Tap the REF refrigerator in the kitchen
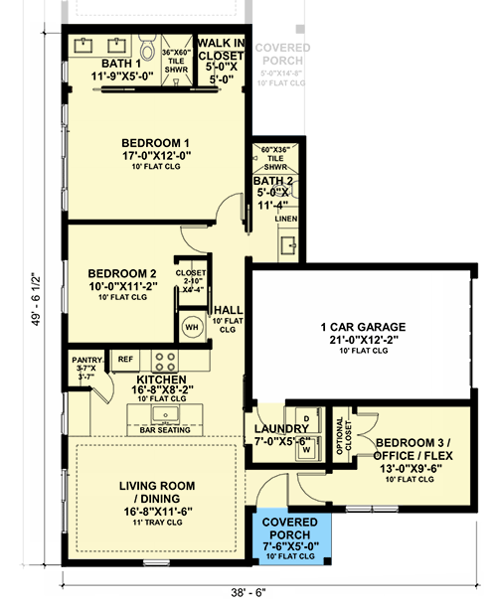tap(125, 359)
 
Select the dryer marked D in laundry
tap(306, 419)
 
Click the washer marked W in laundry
tap(306, 447)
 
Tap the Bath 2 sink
tap(285, 243)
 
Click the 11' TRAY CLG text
tap(157, 522)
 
